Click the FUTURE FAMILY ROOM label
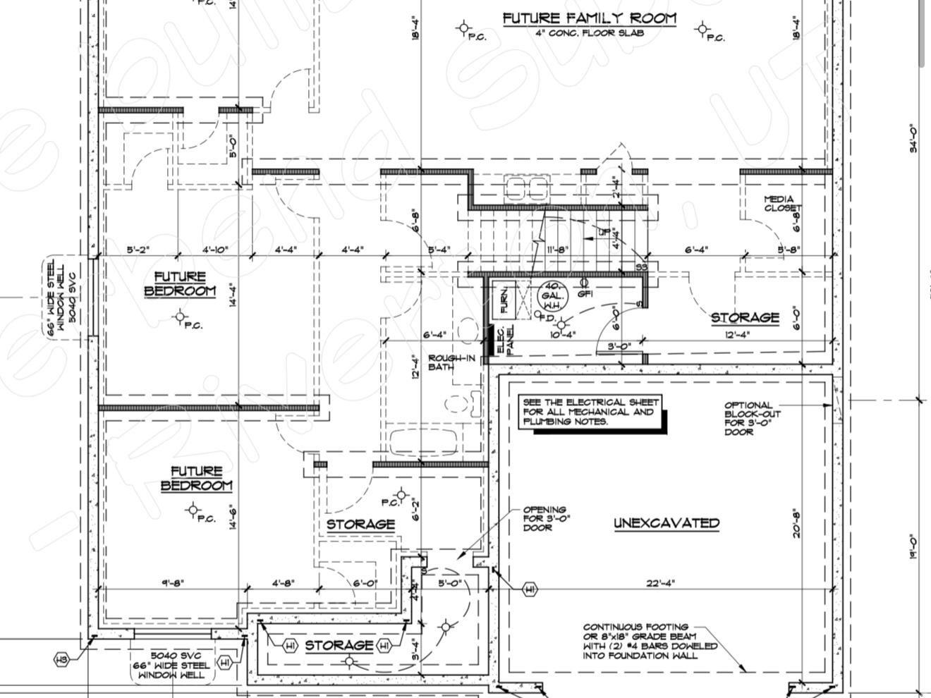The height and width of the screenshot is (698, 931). [589, 18]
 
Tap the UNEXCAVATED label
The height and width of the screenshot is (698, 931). [666, 523]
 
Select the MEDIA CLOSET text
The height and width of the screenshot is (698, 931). [782, 204]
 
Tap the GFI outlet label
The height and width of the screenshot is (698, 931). [585, 294]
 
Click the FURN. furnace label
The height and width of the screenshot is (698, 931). [505, 299]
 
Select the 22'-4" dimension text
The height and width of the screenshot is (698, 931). [661, 582]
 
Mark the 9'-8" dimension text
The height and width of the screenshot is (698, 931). [171, 582]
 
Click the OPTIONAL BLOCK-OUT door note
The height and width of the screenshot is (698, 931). [748, 419]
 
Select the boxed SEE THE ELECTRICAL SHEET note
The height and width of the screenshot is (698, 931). [588, 412]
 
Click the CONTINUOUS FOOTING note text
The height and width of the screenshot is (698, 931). [649, 641]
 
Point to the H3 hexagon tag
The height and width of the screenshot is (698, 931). [62, 659]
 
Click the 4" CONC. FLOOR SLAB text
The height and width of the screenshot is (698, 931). [589, 33]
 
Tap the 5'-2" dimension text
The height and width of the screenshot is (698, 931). [138, 250]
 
